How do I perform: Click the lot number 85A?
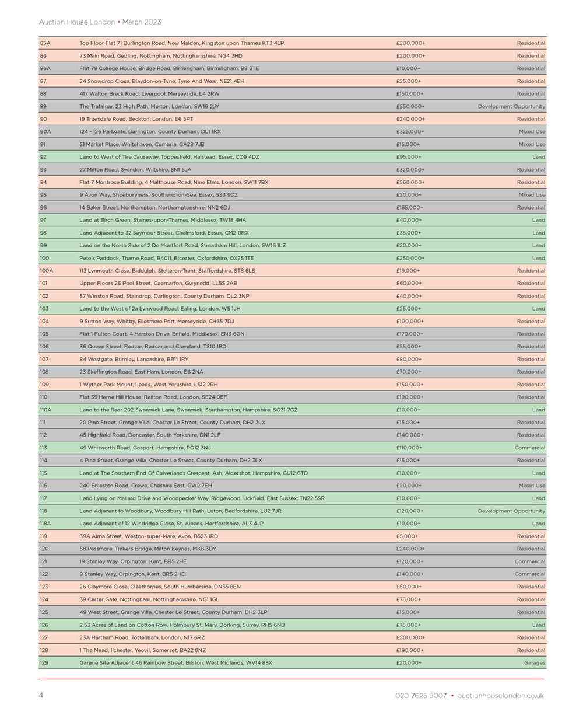click(x=45, y=43)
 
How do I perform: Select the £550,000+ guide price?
click(x=410, y=106)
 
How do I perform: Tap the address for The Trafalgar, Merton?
click(x=149, y=106)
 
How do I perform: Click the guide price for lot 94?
click(x=410, y=182)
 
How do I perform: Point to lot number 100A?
click(x=46, y=271)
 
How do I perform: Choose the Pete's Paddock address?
click(x=167, y=258)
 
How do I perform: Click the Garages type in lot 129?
click(x=534, y=662)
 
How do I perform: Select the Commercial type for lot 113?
click(x=530, y=448)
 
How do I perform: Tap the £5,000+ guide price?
click(x=407, y=536)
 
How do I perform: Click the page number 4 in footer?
click(x=41, y=695)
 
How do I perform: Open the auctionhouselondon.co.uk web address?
click(x=501, y=696)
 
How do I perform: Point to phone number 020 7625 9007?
click(x=421, y=696)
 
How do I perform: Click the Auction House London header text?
click(x=77, y=22)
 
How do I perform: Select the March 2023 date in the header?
click(x=142, y=22)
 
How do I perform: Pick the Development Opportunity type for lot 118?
click(x=511, y=511)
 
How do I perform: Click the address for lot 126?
click(x=182, y=625)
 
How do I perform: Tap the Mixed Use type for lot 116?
click(x=532, y=486)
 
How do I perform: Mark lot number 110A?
click(x=46, y=410)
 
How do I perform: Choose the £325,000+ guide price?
click(x=410, y=131)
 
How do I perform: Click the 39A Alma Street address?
click(x=149, y=536)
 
